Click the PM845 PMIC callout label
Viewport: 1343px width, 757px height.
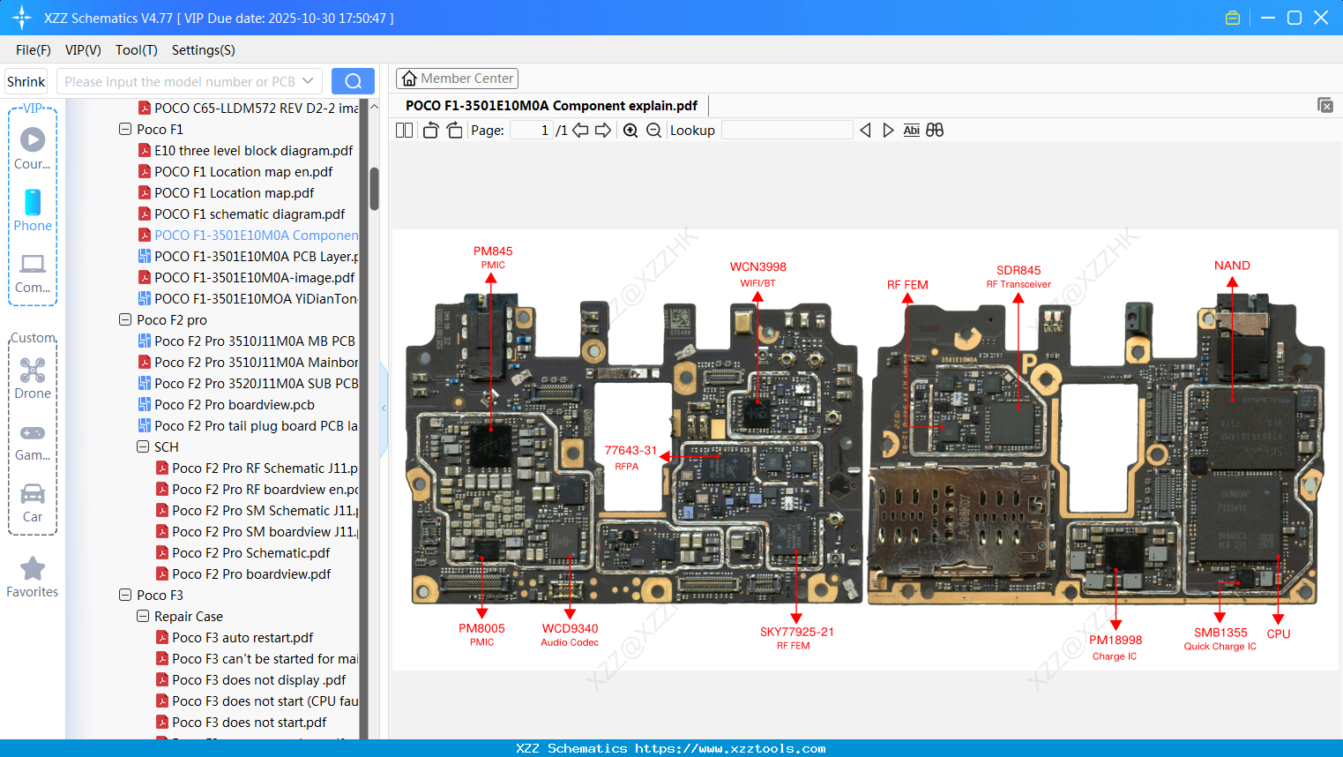[493, 257]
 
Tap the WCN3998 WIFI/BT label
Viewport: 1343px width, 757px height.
[757, 274]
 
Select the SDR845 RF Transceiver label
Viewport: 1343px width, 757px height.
[1018, 276]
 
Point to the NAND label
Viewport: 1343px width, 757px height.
[1232, 266]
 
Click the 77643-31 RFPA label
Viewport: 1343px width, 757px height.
[630, 457]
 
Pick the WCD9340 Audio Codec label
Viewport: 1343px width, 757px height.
[570, 634]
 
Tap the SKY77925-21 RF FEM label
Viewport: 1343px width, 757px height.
[796, 638]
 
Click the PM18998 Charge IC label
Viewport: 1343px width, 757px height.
[1115, 647]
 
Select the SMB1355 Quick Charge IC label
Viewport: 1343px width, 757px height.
[1220, 639]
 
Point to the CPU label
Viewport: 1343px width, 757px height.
[1278, 633]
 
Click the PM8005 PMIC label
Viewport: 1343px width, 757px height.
[481, 634]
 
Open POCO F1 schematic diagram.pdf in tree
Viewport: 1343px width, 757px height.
[249, 214]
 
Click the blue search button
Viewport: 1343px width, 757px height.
[353, 81]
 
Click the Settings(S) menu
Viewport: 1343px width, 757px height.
[203, 50]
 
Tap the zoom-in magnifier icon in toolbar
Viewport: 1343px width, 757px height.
[630, 131]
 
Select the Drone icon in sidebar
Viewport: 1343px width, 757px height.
[33, 371]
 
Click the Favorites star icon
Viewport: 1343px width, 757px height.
[33, 569]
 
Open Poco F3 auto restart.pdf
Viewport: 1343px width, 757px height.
[242, 638]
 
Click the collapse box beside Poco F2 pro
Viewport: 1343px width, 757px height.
[125, 320]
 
